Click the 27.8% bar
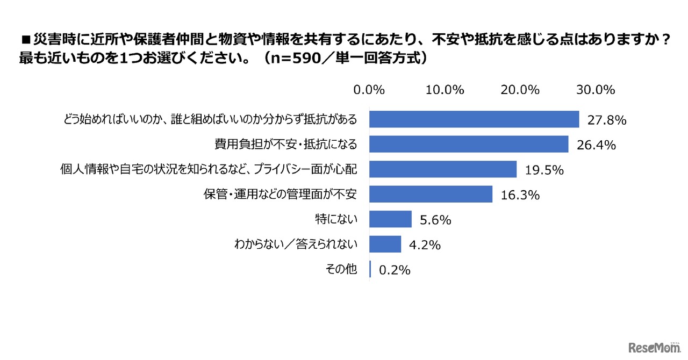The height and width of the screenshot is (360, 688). click(x=474, y=119)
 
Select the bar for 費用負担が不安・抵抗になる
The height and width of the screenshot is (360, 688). click(x=469, y=145)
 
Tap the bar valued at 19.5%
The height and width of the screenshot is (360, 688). click(x=443, y=169)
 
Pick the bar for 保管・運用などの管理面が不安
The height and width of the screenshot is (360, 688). click(x=431, y=195)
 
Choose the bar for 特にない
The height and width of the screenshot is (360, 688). click(x=391, y=219)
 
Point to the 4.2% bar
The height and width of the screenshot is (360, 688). click(x=385, y=244)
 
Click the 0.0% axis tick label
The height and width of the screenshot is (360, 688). click(x=369, y=90)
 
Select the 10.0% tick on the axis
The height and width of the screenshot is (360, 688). click(x=445, y=90)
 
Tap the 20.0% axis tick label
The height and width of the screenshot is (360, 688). click(x=520, y=90)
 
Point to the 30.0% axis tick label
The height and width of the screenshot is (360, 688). click(x=595, y=90)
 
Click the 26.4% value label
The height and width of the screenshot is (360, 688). click(x=597, y=146)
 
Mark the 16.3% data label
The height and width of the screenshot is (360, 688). click(x=520, y=196)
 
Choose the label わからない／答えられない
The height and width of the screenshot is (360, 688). click(x=296, y=244)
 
